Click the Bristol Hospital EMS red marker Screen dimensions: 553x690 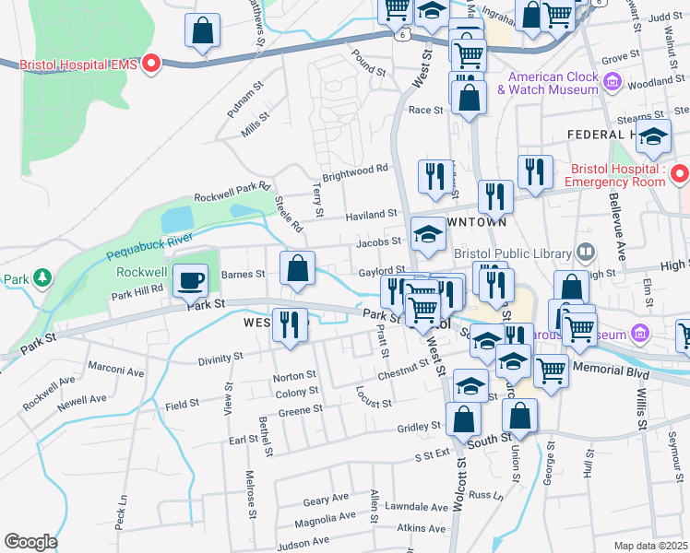coord(153,64)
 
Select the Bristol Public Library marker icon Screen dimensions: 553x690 coord(585,252)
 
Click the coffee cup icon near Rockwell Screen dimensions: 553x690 coord(191,279)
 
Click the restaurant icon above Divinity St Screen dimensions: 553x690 coord(290,324)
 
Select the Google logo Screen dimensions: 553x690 coord(30,541)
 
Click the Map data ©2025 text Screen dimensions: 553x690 coord(650,546)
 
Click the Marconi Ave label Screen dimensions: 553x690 coord(116,372)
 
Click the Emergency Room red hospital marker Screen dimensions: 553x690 coord(679,172)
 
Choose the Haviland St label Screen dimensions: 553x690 coord(371,215)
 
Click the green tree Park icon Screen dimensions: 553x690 coord(41,277)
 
